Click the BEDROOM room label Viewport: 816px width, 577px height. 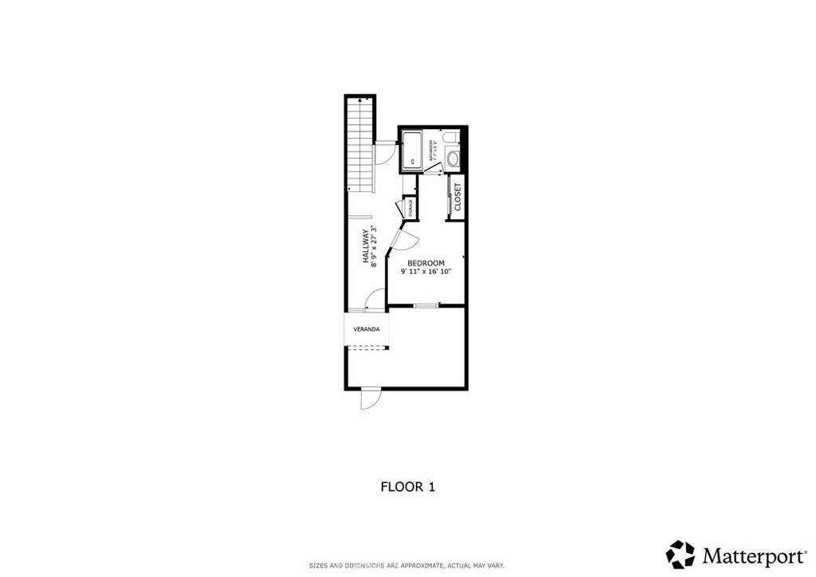[426, 263]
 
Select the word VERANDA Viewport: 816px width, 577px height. [367, 329]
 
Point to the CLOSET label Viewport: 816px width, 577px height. [457, 197]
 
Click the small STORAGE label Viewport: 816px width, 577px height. [411, 208]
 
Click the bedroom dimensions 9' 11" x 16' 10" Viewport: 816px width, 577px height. [426, 272]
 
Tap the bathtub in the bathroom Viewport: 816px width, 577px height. [412, 151]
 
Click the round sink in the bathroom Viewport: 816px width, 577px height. [453, 158]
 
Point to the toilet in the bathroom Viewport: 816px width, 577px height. [453, 139]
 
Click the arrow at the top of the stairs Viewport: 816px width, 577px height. [361, 101]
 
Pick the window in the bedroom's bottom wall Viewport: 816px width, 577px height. [426, 305]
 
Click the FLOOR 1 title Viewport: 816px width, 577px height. [407, 485]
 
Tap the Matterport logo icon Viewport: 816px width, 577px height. [680, 554]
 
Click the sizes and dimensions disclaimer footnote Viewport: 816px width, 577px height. [407, 565]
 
